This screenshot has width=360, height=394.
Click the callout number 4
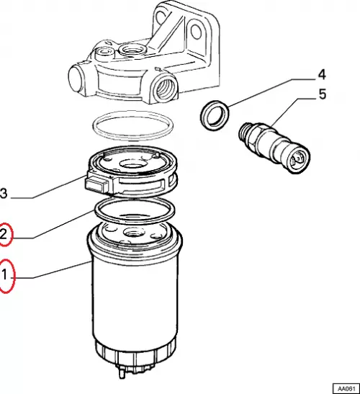click(x=322, y=75)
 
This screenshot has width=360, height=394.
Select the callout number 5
click(x=323, y=94)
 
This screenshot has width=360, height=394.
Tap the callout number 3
click(x=4, y=194)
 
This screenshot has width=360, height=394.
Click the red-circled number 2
click(x=4, y=234)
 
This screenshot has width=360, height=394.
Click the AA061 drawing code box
click(x=346, y=388)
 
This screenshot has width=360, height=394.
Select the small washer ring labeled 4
click(x=215, y=115)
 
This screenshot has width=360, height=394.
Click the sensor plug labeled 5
click(x=274, y=147)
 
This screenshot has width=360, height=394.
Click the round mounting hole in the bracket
click(x=196, y=32)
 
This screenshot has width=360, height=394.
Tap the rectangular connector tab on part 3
click(x=96, y=184)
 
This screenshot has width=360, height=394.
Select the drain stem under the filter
click(x=122, y=372)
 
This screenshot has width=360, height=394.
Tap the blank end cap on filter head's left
click(x=76, y=79)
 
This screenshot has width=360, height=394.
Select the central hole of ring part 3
click(x=133, y=164)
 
